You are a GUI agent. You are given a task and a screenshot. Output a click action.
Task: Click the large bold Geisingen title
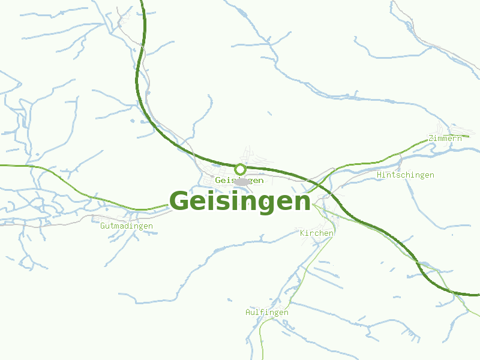coord(240,202)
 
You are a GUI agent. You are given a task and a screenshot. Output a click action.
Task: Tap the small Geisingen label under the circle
coord(239,181)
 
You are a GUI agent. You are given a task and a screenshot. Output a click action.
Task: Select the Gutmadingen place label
coord(126,226)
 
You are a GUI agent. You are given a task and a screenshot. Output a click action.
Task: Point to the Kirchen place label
coord(316,233)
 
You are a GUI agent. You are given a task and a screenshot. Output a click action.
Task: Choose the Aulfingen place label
coord(266,313)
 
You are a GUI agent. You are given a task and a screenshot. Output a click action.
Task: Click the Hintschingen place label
coord(405,175)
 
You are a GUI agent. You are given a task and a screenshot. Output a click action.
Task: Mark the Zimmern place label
coord(445,139)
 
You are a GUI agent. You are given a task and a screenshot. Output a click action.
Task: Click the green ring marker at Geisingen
coord(240,169)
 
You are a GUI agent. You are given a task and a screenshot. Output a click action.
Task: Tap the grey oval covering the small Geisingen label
coord(241,182)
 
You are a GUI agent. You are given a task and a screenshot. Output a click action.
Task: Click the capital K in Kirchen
coord(302,233)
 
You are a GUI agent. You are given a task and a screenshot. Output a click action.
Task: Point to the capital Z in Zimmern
coord(430,139)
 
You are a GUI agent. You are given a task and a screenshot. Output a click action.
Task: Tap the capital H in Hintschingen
coord(379,175)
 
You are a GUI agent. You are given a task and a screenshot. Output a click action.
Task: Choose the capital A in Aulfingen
coord(248,313)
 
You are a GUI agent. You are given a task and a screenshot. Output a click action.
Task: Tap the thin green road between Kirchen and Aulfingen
coord(306,270)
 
